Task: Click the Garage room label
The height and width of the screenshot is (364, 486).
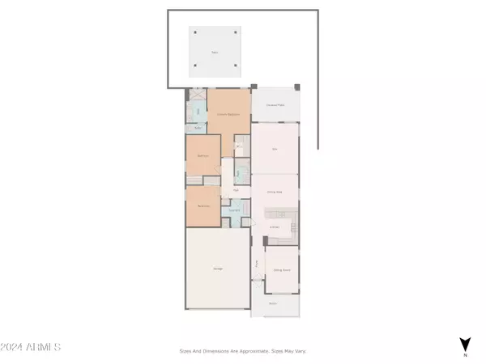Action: pyautogui.click(x=219, y=269)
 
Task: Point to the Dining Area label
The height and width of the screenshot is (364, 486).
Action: pyautogui.click(x=274, y=192)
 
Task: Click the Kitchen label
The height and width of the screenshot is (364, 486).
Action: pyautogui.click(x=275, y=227)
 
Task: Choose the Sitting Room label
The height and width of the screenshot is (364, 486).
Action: pyautogui.click(x=282, y=271)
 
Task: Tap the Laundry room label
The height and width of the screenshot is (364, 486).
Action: pyautogui.click(x=233, y=210)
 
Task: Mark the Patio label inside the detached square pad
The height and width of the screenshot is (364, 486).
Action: pyautogui.click(x=215, y=52)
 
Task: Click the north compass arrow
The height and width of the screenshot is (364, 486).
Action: pyautogui.click(x=465, y=344)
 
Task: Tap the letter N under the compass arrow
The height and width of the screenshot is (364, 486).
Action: pyautogui.click(x=465, y=355)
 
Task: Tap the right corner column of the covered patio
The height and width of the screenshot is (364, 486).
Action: pyautogui.click(x=297, y=87)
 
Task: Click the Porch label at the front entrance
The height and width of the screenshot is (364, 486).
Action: pyautogui.click(x=273, y=303)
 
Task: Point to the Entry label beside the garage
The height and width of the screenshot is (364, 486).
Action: pyautogui.click(x=257, y=263)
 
